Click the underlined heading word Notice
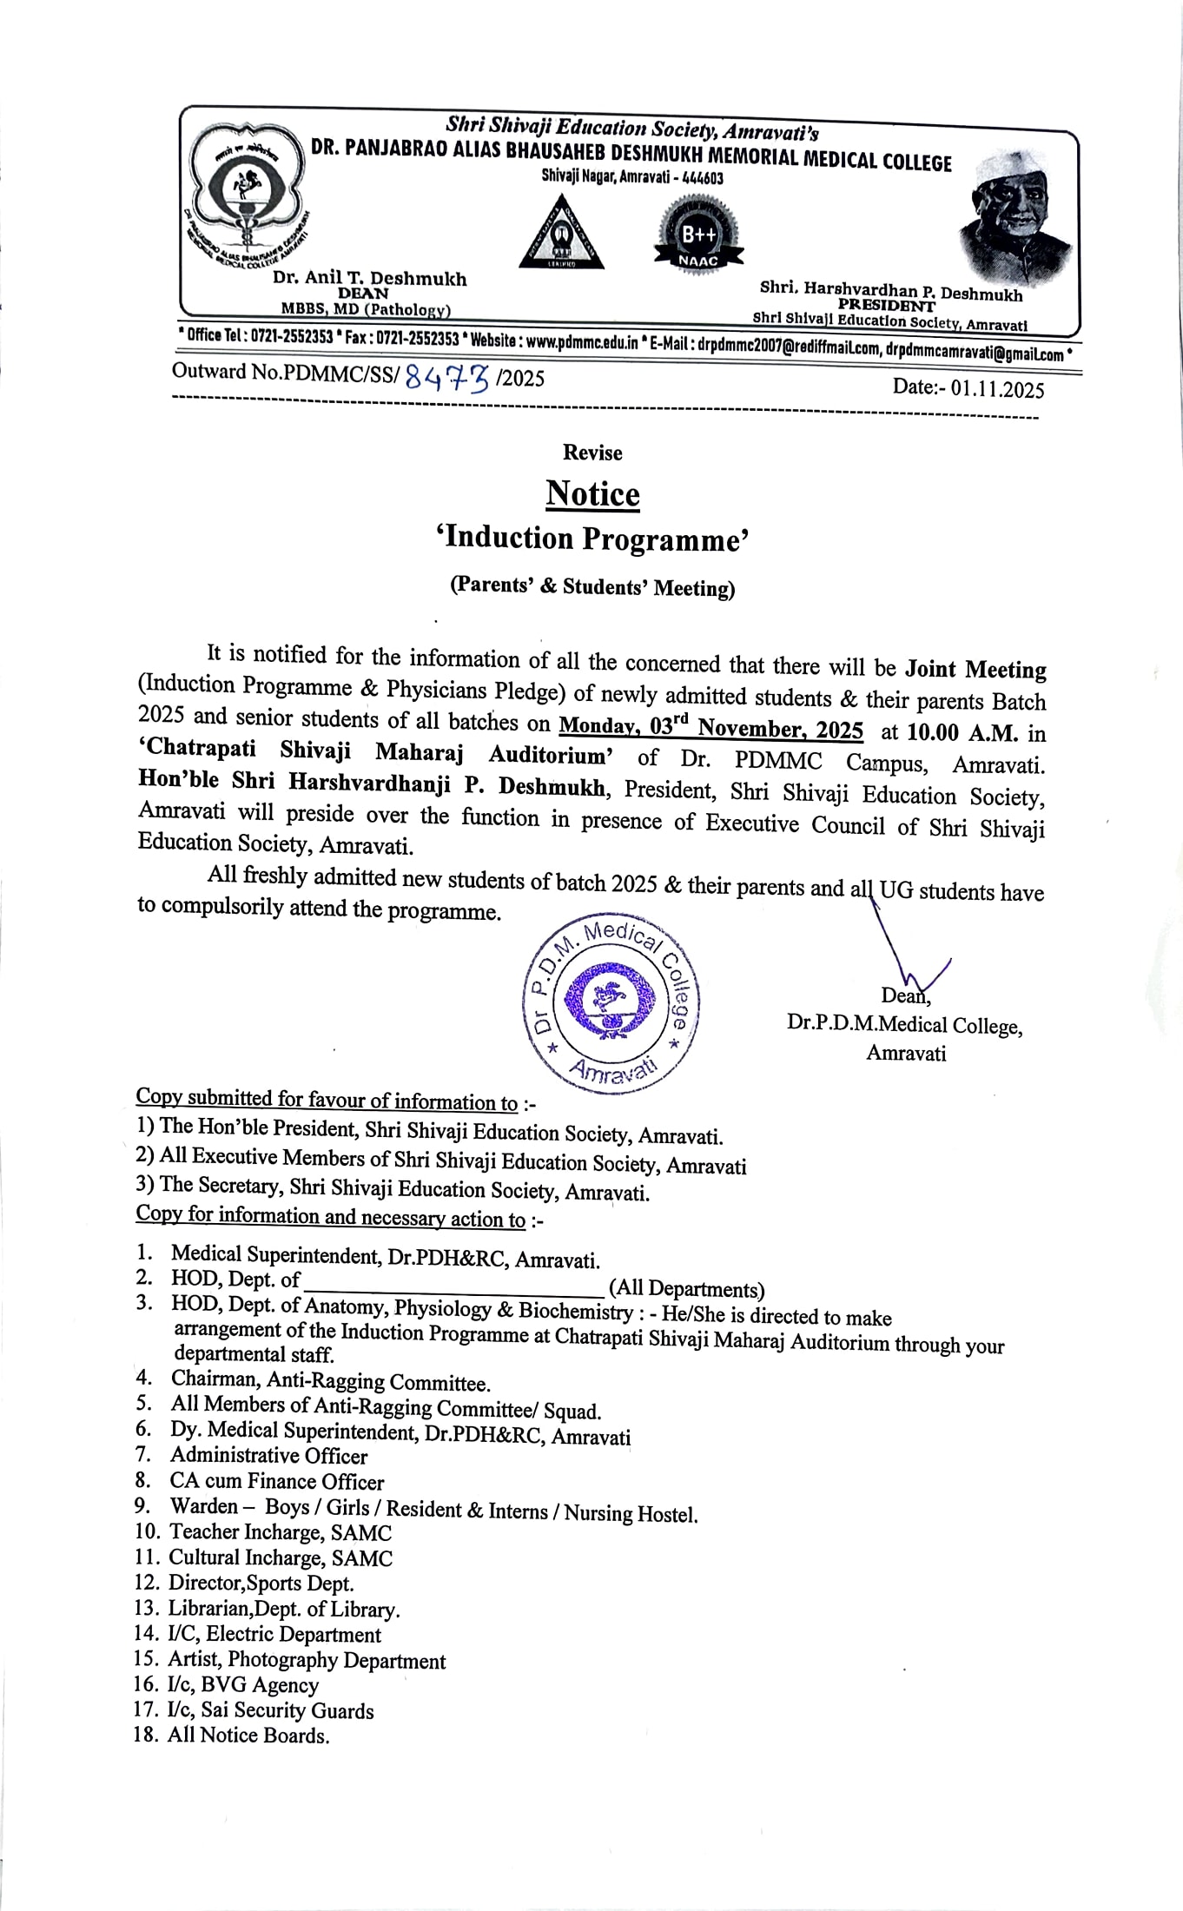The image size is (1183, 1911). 592,494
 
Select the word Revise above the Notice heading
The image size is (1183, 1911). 592,453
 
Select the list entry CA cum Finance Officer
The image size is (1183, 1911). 276,1481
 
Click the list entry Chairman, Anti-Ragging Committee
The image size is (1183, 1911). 330,1381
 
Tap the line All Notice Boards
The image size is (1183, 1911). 248,1736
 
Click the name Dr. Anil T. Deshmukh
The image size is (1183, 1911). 369,279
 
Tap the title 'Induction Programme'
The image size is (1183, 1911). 592,539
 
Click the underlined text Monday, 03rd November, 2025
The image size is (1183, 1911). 710,728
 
